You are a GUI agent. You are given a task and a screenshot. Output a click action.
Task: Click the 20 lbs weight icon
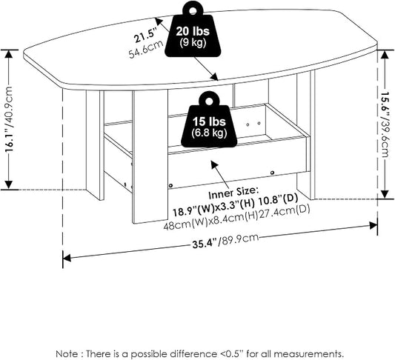coord(193,30)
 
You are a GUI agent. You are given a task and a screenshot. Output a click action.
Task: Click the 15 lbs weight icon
coord(209,120)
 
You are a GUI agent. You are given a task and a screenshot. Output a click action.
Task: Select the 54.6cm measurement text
coord(146,50)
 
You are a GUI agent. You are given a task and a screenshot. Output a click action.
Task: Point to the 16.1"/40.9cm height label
coord(9,119)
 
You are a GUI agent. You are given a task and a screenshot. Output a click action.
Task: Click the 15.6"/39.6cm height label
coord(385,124)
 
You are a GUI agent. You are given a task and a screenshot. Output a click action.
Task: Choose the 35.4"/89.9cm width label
coord(225,241)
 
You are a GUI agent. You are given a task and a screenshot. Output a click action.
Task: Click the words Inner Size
coord(233,193)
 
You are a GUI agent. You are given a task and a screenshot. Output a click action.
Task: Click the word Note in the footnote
coord(67,353)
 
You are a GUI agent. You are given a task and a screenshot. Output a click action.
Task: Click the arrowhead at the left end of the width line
coord(66,258)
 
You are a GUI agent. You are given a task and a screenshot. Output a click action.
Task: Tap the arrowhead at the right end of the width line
coord(374,225)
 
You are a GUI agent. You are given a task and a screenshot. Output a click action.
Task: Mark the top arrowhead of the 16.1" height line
coord(9,54)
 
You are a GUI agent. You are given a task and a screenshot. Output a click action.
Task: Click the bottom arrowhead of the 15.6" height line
coord(385,194)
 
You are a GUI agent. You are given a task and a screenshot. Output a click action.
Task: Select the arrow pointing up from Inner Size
coord(222,175)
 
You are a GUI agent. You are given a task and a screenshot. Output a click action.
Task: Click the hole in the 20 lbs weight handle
coord(193,10)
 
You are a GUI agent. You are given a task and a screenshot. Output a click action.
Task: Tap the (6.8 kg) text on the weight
coord(209,132)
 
